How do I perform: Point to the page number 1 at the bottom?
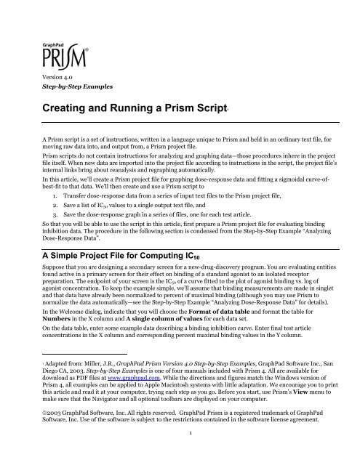coord(180,457)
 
